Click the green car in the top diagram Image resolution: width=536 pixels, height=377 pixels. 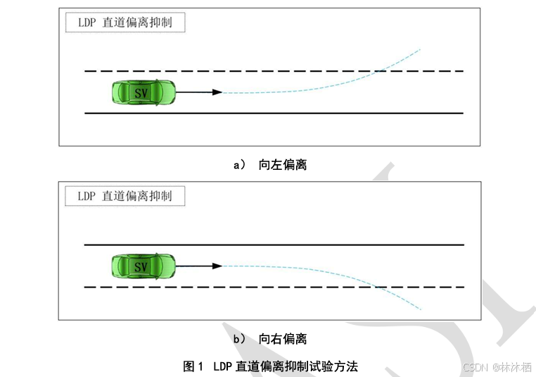(x=143, y=92)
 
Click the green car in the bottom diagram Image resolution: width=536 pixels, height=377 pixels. (x=143, y=266)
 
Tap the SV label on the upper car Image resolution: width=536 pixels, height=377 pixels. (x=141, y=92)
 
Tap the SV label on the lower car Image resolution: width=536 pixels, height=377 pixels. (x=141, y=266)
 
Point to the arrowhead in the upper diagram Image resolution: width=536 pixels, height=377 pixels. (x=217, y=92)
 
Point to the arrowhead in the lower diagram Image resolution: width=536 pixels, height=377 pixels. (x=217, y=266)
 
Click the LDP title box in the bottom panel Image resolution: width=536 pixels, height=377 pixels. (x=125, y=196)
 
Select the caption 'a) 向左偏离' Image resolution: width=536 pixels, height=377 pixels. (x=270, y=165)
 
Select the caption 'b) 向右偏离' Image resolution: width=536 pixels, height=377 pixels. (x=270, y=339)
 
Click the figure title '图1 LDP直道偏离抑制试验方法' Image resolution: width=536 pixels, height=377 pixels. (x=271, y=366)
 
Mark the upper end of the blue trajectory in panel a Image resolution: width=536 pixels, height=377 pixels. (x=420, y=49)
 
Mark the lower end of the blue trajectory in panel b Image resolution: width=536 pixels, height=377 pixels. (x=421, y=309)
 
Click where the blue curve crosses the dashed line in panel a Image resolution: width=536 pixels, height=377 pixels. (x=378, y=71)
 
